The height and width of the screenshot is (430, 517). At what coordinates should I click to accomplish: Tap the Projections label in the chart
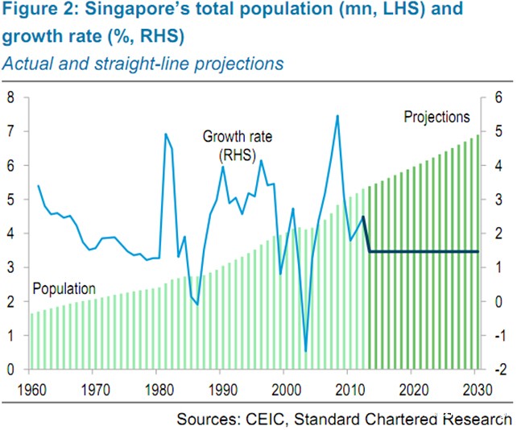click(x=436, y=118)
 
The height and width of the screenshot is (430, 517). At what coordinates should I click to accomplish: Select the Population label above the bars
click(x=64, y=288)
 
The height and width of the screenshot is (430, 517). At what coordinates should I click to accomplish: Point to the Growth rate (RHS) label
click(x=237, y=145)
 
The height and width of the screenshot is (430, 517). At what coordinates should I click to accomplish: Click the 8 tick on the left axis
click(x=12, y=97)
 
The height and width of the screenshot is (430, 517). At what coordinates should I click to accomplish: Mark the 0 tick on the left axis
click(x=12, y=370)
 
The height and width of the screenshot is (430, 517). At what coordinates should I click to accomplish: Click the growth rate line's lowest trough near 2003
click(x=306, y=351)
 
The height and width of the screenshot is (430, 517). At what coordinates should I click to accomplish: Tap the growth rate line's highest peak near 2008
click(x=337, y=116)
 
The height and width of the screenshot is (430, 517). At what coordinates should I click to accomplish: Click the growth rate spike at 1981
click(x=166, y=134)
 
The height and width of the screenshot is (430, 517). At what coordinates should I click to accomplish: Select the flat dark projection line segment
click(x=423, y=252)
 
